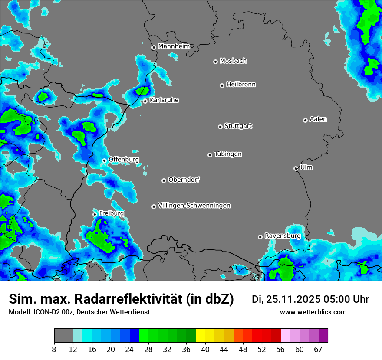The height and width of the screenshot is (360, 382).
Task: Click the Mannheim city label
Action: tap(174, 46)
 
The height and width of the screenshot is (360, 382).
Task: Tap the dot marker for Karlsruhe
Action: tap(145, 101)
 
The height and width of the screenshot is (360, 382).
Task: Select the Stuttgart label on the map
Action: tap(238, 126)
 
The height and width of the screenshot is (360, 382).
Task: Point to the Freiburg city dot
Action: tap(95, 214)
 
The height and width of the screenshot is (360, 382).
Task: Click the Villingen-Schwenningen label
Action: tap(194, 206)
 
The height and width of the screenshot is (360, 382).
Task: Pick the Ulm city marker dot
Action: tap(296, 168)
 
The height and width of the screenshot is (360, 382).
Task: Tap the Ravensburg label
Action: tap(282, 236)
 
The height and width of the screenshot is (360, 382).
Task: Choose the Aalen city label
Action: tap(318, 119)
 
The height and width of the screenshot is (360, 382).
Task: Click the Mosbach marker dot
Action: tap(215, 62)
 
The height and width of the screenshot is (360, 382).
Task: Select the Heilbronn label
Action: tap(241, 85)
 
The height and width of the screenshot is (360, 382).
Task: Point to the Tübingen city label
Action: tap(228, 154)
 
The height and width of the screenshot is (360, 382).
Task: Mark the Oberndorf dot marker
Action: tap(164, 180)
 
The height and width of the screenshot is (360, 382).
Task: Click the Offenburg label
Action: tap(124, 160)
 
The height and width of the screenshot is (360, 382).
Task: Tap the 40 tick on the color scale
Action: tap(205, 350)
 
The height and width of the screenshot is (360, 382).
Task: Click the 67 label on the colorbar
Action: tap(318, 350)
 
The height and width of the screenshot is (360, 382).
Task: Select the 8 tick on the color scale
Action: tap(54, 350)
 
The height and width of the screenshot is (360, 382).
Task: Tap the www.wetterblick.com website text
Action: tap(313, 312)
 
